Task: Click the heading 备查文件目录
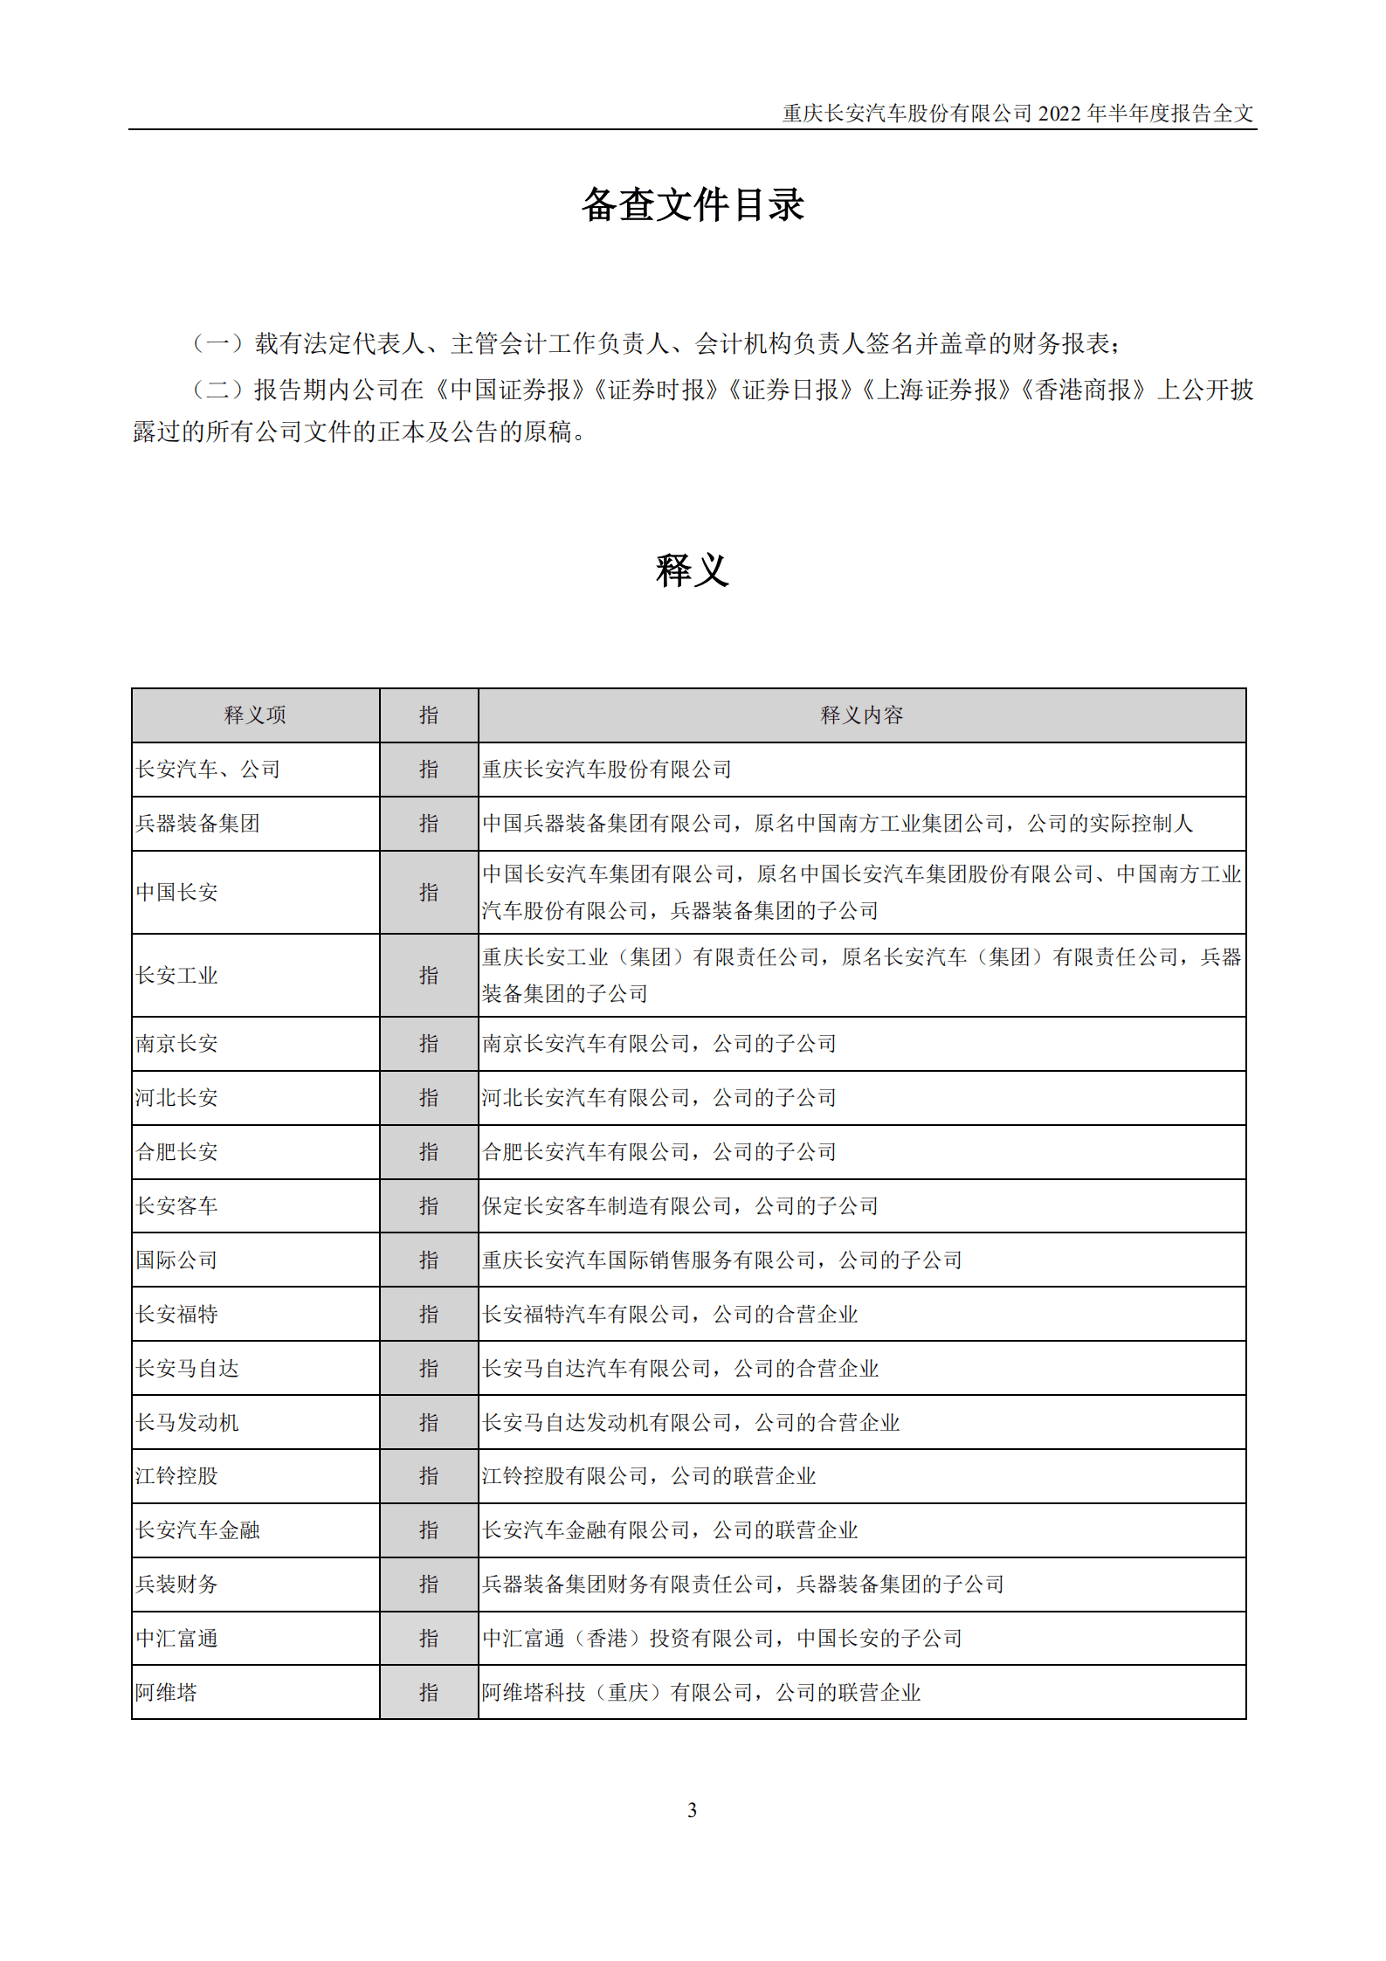point(693,205)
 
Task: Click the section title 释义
point(692,570)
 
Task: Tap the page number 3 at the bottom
point(692,1810)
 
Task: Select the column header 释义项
point(255,715)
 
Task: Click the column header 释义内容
point(861,715)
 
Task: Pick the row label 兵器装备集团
point(198,824)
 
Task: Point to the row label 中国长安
point(177,892)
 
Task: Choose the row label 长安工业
point(177,975)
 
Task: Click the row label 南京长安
point(177,1044)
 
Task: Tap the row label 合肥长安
point(177,1152)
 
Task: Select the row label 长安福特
point(177,1314)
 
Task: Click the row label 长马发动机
point(188,1422)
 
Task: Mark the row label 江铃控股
point(177,1476)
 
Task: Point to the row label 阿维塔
point(167,1692)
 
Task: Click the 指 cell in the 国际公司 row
point(429,1260)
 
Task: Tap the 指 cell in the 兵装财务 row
point(429,1584)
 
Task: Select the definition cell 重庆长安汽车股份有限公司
point(607,770)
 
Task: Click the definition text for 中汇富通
point(722,1638)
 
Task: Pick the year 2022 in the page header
point(1059,114)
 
